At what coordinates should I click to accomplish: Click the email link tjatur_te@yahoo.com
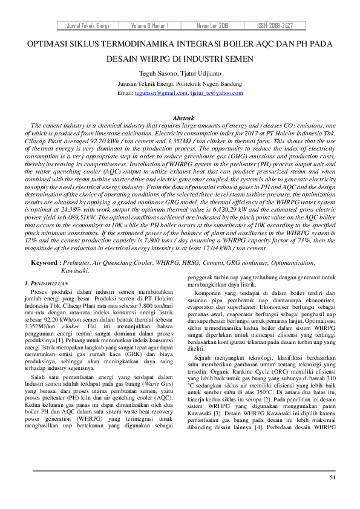[217, 94]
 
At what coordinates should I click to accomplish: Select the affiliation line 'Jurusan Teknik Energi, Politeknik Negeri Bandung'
[180, 84]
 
